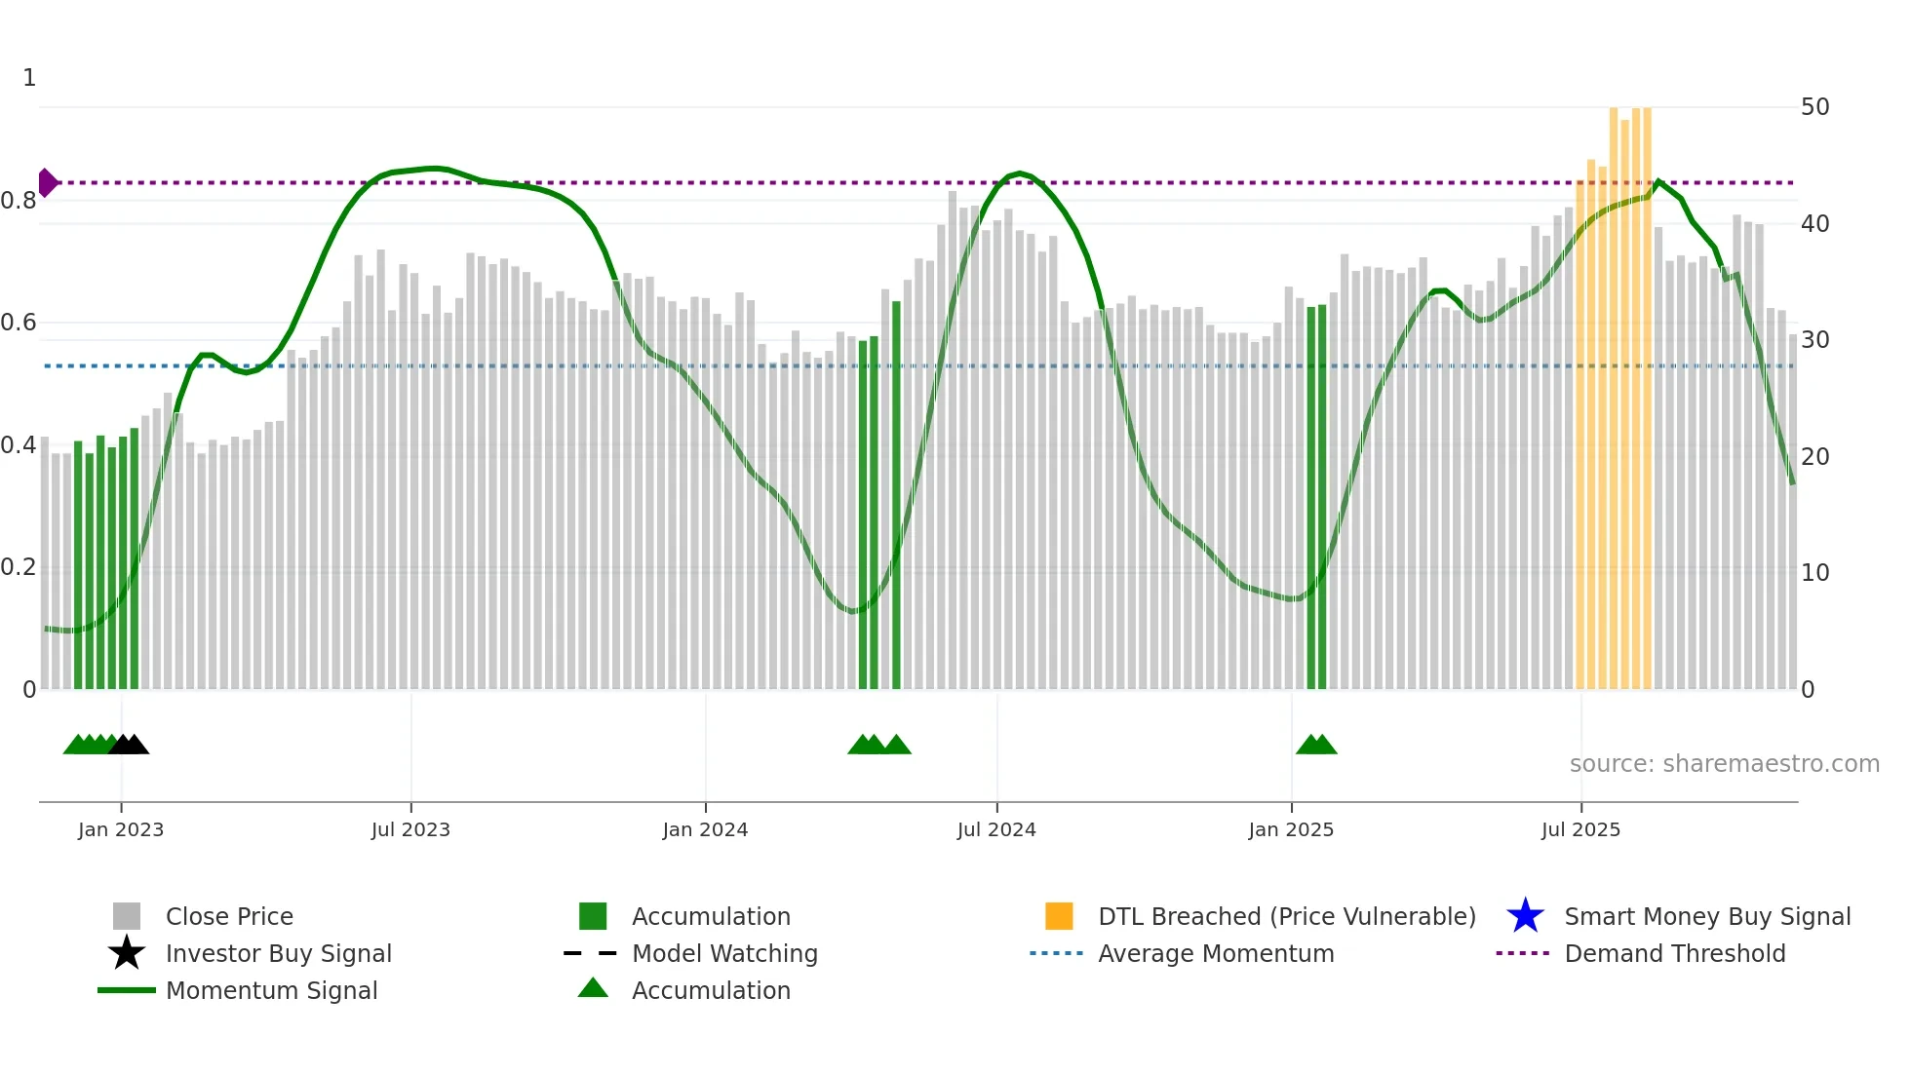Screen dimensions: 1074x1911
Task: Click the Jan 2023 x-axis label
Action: [x=121, y=829]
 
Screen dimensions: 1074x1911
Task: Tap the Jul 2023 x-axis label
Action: [x=410, y=829]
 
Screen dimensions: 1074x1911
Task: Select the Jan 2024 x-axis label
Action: [x=705, y=829]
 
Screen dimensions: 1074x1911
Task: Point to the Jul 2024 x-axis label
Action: [x=996, y=829]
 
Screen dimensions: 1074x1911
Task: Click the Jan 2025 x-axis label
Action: [x=1291, y=829]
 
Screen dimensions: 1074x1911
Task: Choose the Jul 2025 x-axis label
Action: [x=1580, y=829]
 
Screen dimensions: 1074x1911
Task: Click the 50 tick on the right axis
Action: [x=1814, y=107]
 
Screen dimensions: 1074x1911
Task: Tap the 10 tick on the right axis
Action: [x=1814, y=573]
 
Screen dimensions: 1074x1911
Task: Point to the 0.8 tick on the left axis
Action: [x=19, y=202]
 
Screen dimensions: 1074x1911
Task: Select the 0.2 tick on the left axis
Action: [x=19, y=567]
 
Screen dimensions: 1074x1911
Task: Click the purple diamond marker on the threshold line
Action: [x=47, y=182]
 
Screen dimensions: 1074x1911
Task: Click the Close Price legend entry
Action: [x=229, y=916]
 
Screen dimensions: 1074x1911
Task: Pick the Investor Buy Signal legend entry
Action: [x=278, y=953]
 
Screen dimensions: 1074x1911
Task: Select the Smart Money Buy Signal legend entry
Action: [x=1706, y=916]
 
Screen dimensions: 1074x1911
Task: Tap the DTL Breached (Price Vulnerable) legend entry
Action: [x=1286, y=916]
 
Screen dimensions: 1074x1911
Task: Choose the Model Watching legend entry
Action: [x=724, y=953]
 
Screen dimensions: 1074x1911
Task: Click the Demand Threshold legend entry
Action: [x=1674, y=953]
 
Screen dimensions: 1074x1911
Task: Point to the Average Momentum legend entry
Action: [x=1215, y=953]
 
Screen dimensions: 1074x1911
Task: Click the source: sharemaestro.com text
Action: [x=1724, y=764]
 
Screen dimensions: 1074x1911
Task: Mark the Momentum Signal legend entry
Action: [x=271, y=990]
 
